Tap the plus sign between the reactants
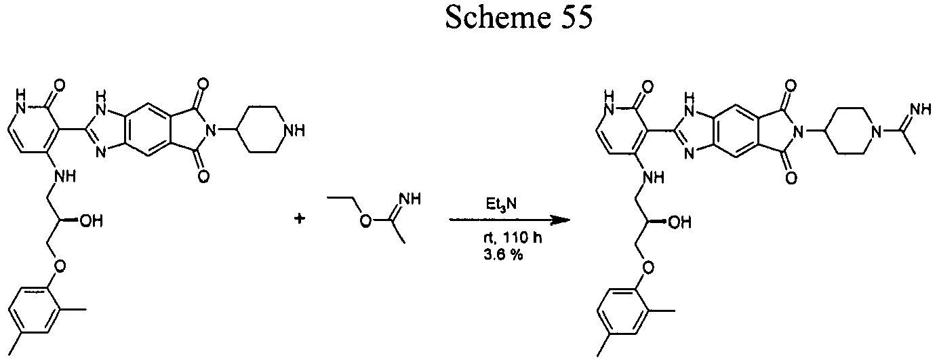(x=299, y=218)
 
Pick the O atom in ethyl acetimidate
(x=366, y=221)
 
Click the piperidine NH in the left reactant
(x=294, y=131)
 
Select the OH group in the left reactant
(x=91, y=220)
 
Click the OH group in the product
(x=680, y=222)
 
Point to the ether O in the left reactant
(x=60, y=265)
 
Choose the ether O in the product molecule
(x=649, y=266)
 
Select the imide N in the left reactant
(x=212, y=131)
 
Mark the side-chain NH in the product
(x=653, y=178)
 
